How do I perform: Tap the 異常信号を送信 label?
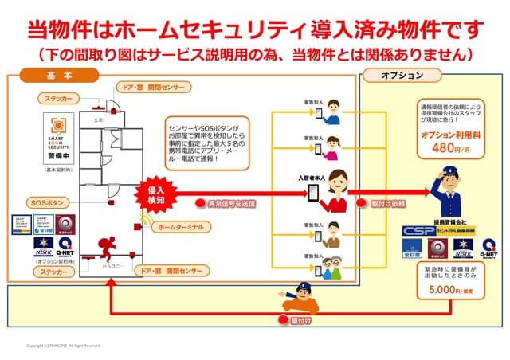click(231, 205)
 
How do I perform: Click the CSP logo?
click(419, 230)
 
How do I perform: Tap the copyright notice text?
click(64, 346)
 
